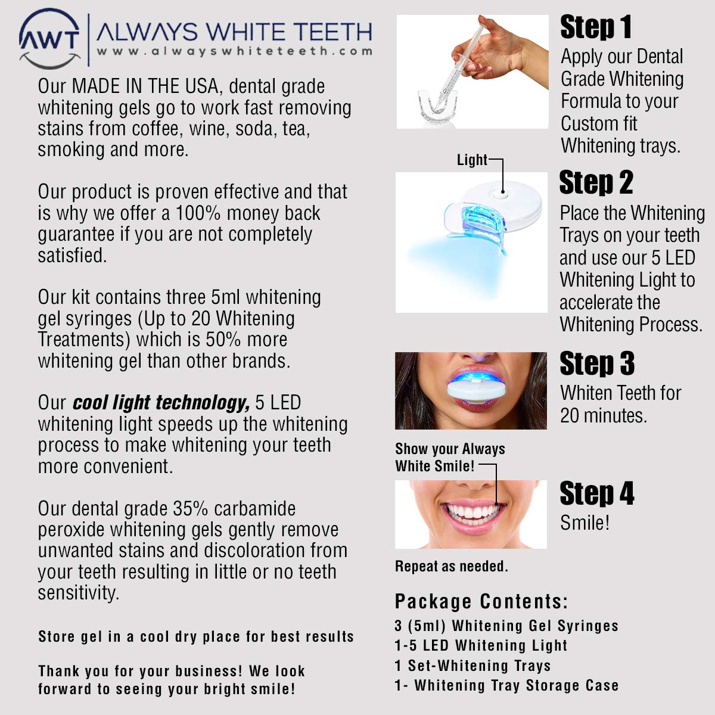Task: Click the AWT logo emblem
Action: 49,38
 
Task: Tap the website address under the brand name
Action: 235,51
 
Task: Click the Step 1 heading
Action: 596,27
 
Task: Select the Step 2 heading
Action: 596,182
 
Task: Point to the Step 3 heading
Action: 597,363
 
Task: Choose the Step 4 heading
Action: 597,493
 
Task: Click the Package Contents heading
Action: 481,601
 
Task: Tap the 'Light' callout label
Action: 471,160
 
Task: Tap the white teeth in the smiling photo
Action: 472,512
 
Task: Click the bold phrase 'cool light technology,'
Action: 161,403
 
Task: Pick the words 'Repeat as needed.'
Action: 452,566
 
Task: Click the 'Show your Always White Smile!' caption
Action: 450,457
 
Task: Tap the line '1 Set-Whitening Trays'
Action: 472,666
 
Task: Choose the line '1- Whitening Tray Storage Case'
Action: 506,685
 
